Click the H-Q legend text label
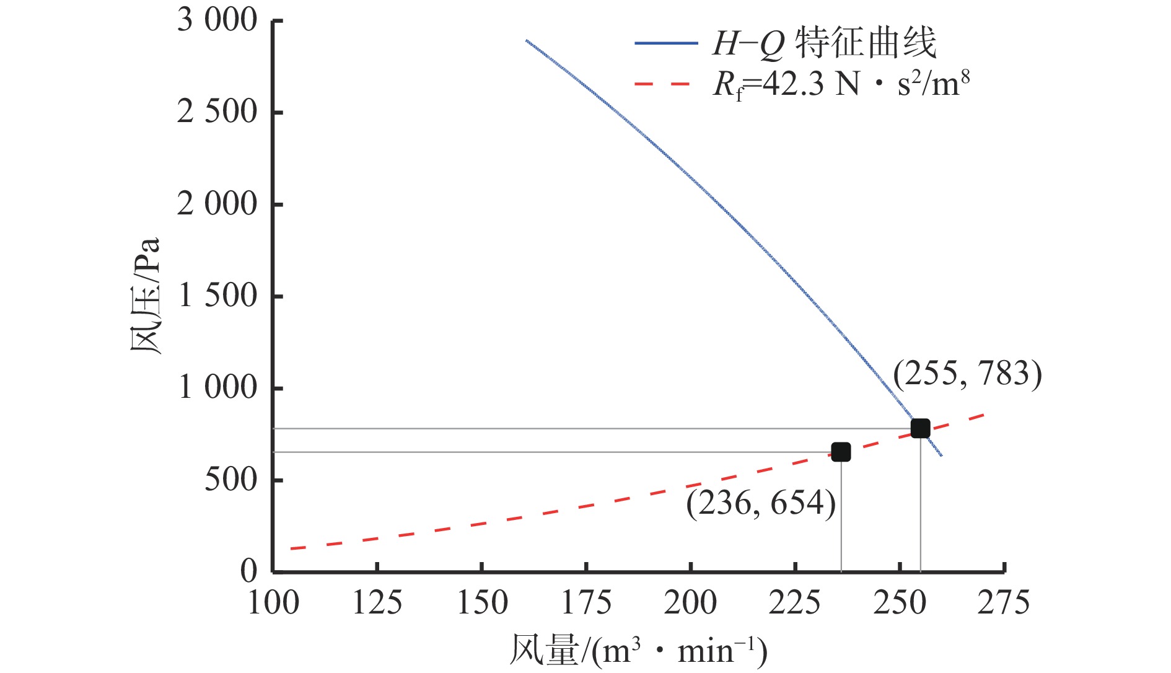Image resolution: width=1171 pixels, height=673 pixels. (824, 43)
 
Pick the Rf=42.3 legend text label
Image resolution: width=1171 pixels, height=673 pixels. (841, 84)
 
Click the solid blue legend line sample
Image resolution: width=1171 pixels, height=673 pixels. (666, 43)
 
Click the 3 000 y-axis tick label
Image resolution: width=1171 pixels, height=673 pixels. (217, 20)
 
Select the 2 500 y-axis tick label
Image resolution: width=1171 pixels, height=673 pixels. (217, 112)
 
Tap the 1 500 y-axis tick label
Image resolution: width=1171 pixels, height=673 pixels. (217, 296)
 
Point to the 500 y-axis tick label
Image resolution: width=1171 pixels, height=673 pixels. (230, 480)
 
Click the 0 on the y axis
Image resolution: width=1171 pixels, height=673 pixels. (248, 571)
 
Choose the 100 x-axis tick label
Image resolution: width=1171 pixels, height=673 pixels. (273, 602)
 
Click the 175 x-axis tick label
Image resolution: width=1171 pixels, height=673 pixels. (586, 602)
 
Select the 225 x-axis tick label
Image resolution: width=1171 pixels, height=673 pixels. (795, 602)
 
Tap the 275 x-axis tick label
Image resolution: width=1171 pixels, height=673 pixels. (1004, 602)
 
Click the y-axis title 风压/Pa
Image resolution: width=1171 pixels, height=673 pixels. (146, 295)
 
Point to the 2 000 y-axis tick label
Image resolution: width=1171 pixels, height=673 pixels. (217, 204)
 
